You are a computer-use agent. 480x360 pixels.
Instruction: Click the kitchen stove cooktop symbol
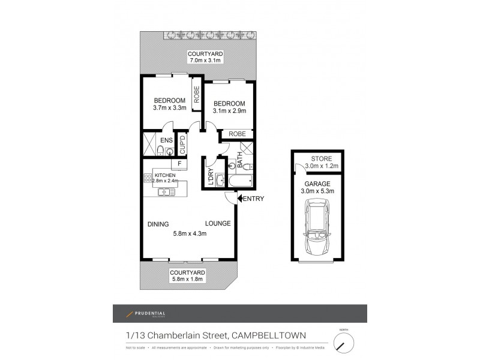coord(148,178)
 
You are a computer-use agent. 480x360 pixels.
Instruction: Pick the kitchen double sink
coord(165,192)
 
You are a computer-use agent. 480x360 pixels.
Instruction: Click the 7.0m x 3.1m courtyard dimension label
coord(202,58)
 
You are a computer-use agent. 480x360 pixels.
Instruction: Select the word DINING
coord(159,224)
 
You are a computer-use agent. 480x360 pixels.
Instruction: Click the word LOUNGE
coord(218,224)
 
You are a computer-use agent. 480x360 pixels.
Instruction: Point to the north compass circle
coord(343,344)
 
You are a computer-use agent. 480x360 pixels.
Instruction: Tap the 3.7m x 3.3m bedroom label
coord(169,104)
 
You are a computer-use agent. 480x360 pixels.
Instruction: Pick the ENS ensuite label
coord(166,141)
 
